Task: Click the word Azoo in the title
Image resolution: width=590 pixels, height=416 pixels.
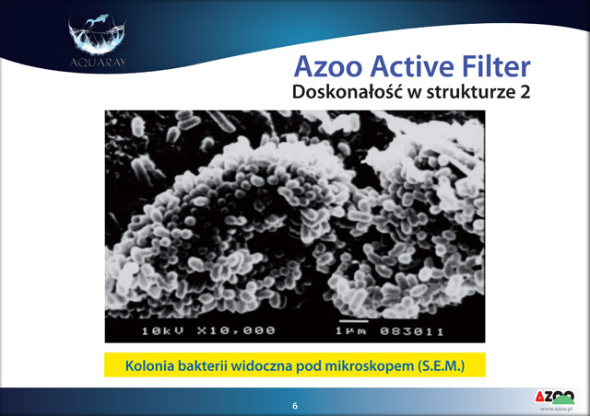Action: (328, 67)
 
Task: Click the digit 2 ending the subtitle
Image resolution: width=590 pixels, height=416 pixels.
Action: (525, 92)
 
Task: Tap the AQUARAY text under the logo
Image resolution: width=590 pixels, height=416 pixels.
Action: (98, 63)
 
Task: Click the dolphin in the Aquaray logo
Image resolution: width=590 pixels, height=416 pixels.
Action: (97, 19)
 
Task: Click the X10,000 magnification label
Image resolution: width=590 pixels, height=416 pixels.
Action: (236, 330)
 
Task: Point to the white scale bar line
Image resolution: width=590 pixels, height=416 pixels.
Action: (354, 321)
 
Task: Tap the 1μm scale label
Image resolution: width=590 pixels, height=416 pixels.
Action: (350, 331)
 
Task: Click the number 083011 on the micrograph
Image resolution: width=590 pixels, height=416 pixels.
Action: (412, 331)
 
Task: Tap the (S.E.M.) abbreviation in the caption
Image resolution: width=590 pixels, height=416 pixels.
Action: (441, 366)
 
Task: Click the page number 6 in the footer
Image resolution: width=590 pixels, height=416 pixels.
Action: (295, 406)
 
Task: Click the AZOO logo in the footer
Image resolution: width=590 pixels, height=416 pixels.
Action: (555, 398)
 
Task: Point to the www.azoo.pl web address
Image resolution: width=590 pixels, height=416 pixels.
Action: (556, 409)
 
